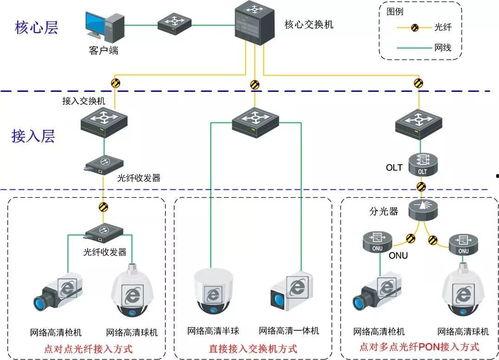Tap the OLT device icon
point(421,165)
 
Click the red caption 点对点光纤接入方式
point(86,347)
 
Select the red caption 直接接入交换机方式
point(249,347)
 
